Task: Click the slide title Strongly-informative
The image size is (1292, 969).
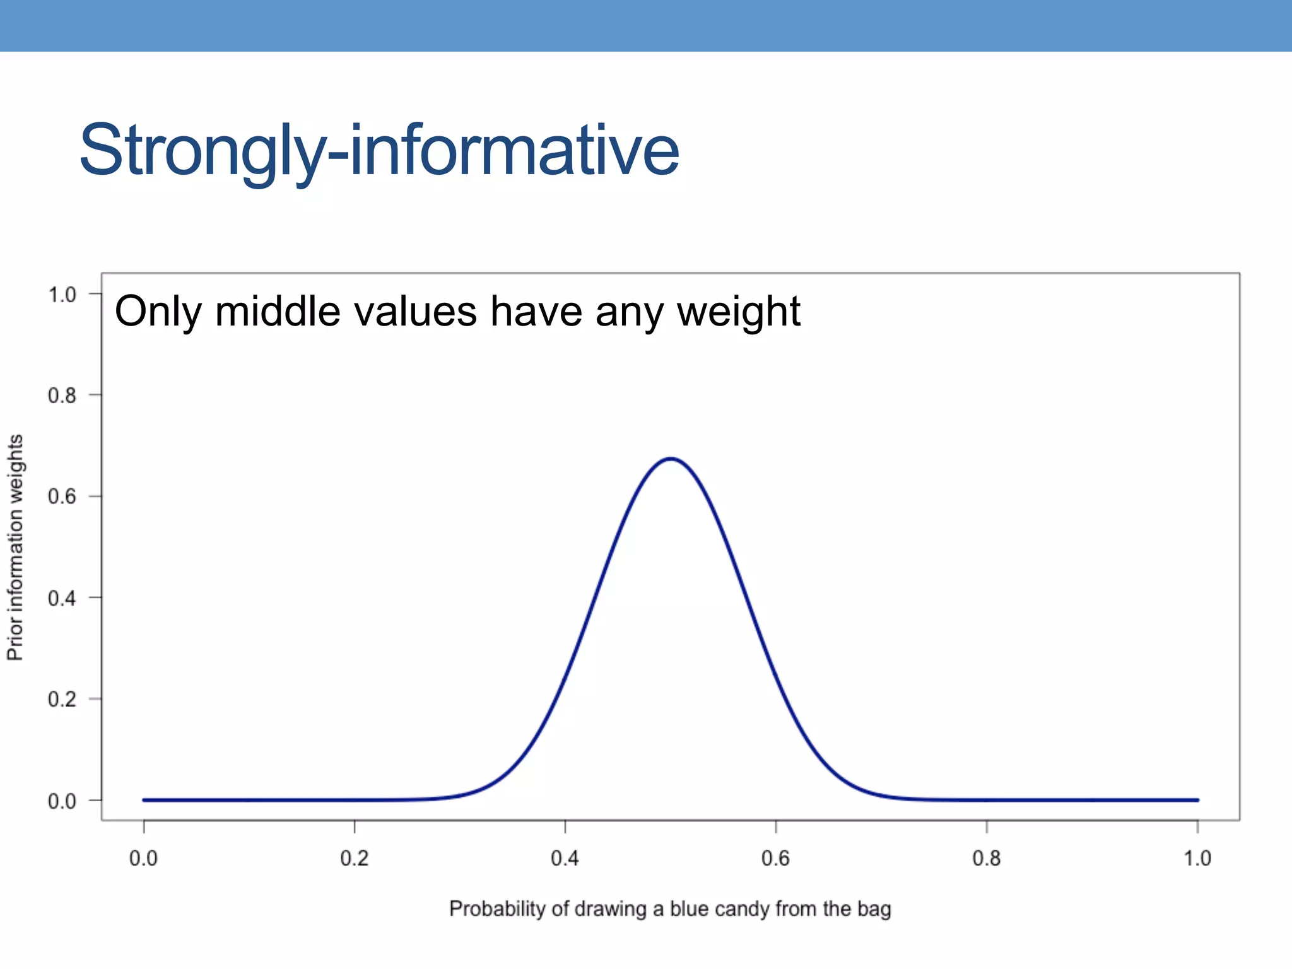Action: [379, 151]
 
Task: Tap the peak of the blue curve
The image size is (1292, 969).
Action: [671, 459]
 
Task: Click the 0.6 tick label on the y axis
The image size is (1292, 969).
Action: [62, 497]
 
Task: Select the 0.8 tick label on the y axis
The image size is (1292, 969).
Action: [62, 396]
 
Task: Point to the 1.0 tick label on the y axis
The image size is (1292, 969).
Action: [62, 295]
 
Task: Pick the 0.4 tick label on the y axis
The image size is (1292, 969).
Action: [62, 598]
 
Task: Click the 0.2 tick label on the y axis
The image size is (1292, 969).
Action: [62, 700]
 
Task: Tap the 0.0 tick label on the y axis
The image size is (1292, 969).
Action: [62, 801]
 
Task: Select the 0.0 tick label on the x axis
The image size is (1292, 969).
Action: [143, 859]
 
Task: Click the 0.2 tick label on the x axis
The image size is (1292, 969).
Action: [354, 859]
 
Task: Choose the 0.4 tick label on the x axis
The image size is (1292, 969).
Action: [565, 859]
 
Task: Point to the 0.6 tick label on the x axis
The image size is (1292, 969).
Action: [775, 859]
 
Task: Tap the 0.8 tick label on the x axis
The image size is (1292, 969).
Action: [986, 859]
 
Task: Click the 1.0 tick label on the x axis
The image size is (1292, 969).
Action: [1197, 859]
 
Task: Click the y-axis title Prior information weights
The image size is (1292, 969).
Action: [15, 547]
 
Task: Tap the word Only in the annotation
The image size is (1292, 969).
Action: [158, 312]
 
